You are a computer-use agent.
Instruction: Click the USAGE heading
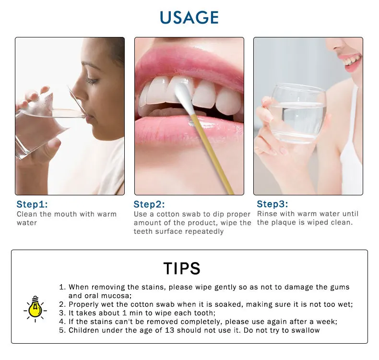coord(189,17)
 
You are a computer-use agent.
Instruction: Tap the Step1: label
coord(32,204)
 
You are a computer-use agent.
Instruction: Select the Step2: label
coord(149,204)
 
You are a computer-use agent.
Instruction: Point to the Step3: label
coord(272,204)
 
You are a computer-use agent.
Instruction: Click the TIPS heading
coord(182,268)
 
